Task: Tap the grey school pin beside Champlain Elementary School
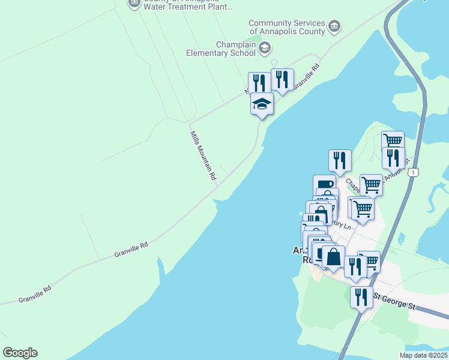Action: pyautogui.click(x=265, y=48)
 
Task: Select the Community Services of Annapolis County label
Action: pyautogui.click(x=287, y=27)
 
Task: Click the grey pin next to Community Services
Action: pyautogui.click(x=334, y=26)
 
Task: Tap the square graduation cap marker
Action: pyautogui.click(x=262, y=104)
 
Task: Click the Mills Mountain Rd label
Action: pyautogui.click(x=203, y=156)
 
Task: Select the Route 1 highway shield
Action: pyautogui.click(x=413, y=172)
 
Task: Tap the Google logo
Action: pyautogui.click(x=20, y=353)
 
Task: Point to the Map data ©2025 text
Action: pyautogui.click(x=423, y=355)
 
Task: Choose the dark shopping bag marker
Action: pyautogui.click(x=333, y=257)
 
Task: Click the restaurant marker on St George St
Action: pyautogui.click(x=361, y=297)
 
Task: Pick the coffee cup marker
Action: pyautogui.click(x=324, y=185)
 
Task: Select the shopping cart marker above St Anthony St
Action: pyautogui.click(x=393, y=140)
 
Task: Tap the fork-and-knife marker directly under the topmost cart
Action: pyautogui.click(x=393, y=158)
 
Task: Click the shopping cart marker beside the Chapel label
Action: pyautogui.click(x=371, y=185)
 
